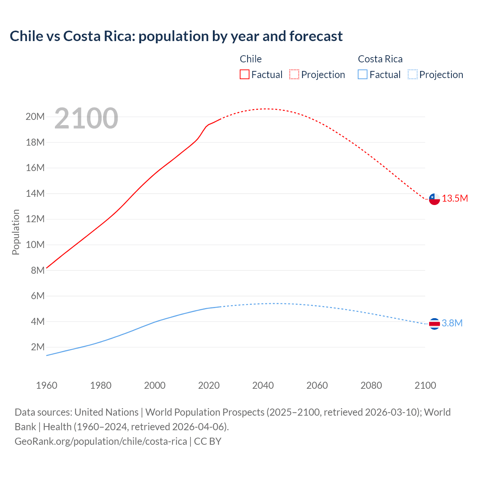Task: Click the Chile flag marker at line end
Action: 434,199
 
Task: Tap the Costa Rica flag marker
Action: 434,323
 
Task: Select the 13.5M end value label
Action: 455,198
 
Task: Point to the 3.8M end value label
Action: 452,323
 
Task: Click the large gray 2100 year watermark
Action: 86,118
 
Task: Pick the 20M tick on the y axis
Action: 35,117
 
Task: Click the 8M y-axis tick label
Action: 38,270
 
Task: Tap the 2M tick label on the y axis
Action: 38,347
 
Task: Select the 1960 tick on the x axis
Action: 47,385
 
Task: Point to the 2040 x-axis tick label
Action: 263,385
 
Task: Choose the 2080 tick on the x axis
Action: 371,385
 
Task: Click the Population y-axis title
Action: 16,232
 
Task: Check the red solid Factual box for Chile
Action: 244,74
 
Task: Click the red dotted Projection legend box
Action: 294,74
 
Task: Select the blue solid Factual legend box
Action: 363,74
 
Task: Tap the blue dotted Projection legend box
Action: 413,74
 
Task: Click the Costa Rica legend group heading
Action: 380,59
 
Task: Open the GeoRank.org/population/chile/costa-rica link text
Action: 101,441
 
